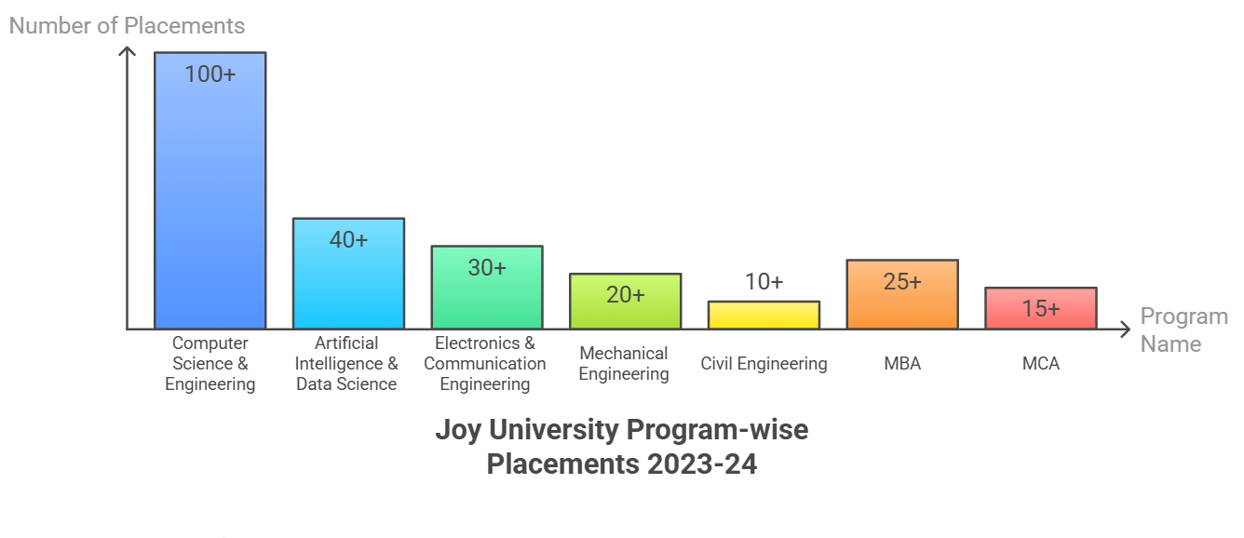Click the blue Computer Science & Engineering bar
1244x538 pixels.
tap(210, 205)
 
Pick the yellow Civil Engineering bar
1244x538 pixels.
tap(764, 315)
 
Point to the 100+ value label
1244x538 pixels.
tap(210, 74)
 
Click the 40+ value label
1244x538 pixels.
tap(348, 240)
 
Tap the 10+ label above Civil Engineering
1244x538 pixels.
tap(764, 282)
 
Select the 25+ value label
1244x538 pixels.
tap(901, 281)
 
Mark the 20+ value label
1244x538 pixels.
tap(625, 295)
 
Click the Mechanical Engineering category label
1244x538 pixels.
tap(624, 364)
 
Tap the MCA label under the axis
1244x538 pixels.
tap(1040, 364)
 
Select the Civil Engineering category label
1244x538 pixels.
tap(764, 364)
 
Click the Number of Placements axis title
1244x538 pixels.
tap(127, 26)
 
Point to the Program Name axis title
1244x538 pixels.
tap(1183, 330)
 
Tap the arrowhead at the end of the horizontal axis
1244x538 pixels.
tap(1125, 329)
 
